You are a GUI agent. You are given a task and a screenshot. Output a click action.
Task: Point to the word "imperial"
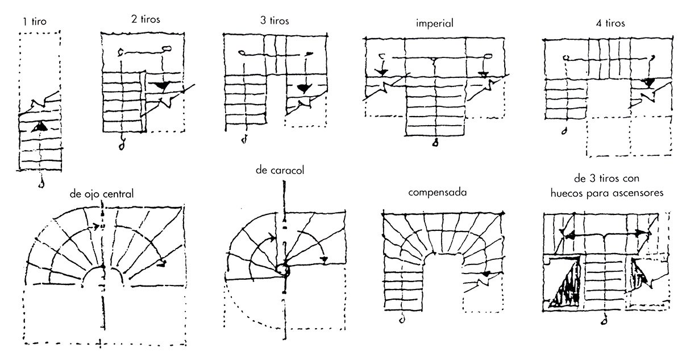pyautogui.click(x=434, y=24)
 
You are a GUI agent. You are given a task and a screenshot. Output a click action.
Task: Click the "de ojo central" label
pyautogui.click(x=102, y=193)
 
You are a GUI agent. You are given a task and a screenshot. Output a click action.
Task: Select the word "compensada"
pyautogui.click(x=437, y=192)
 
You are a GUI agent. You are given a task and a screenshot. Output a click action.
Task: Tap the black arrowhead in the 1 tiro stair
pyautogui.click(x=39, y=127)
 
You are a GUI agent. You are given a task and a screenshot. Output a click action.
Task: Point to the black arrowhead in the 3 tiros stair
pyautogui.click(x=303, y=88)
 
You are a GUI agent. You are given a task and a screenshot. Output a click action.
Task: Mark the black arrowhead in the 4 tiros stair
pyautogui.click(x=647, y=82)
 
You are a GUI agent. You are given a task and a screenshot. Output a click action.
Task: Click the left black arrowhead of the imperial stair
pyautogui.click(x=381, y=72)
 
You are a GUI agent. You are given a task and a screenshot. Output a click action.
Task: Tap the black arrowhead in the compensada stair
pyautogui.click(x=484, y=275)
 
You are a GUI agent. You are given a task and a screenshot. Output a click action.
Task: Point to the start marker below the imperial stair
pyautogui.click(x=435, y=143)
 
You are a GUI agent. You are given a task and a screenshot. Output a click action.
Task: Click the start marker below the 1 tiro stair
pyautogui.click(x=40, y=184)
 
